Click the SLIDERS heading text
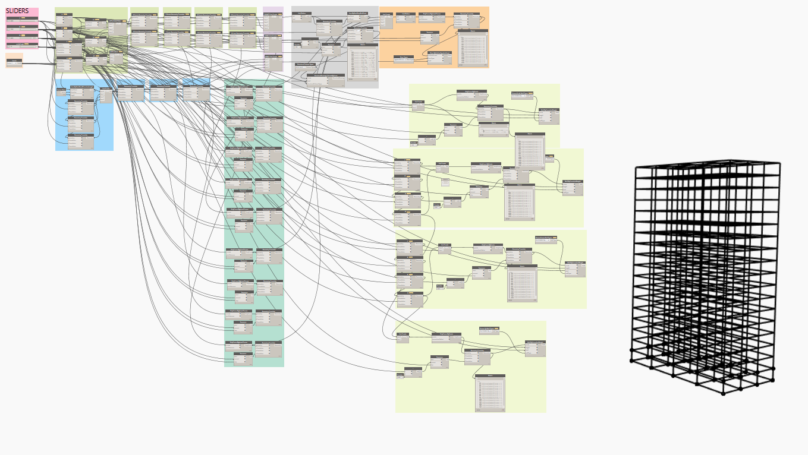point(17,11)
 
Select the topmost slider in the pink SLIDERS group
point(22,20)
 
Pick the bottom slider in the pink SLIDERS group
point(22,45)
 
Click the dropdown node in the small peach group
point(14,62)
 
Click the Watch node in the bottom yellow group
point(490,392)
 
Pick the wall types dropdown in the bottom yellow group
point(491,329)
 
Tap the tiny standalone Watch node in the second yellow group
point(445,181)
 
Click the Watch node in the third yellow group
point(521,283)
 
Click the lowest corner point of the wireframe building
point(724,393)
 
